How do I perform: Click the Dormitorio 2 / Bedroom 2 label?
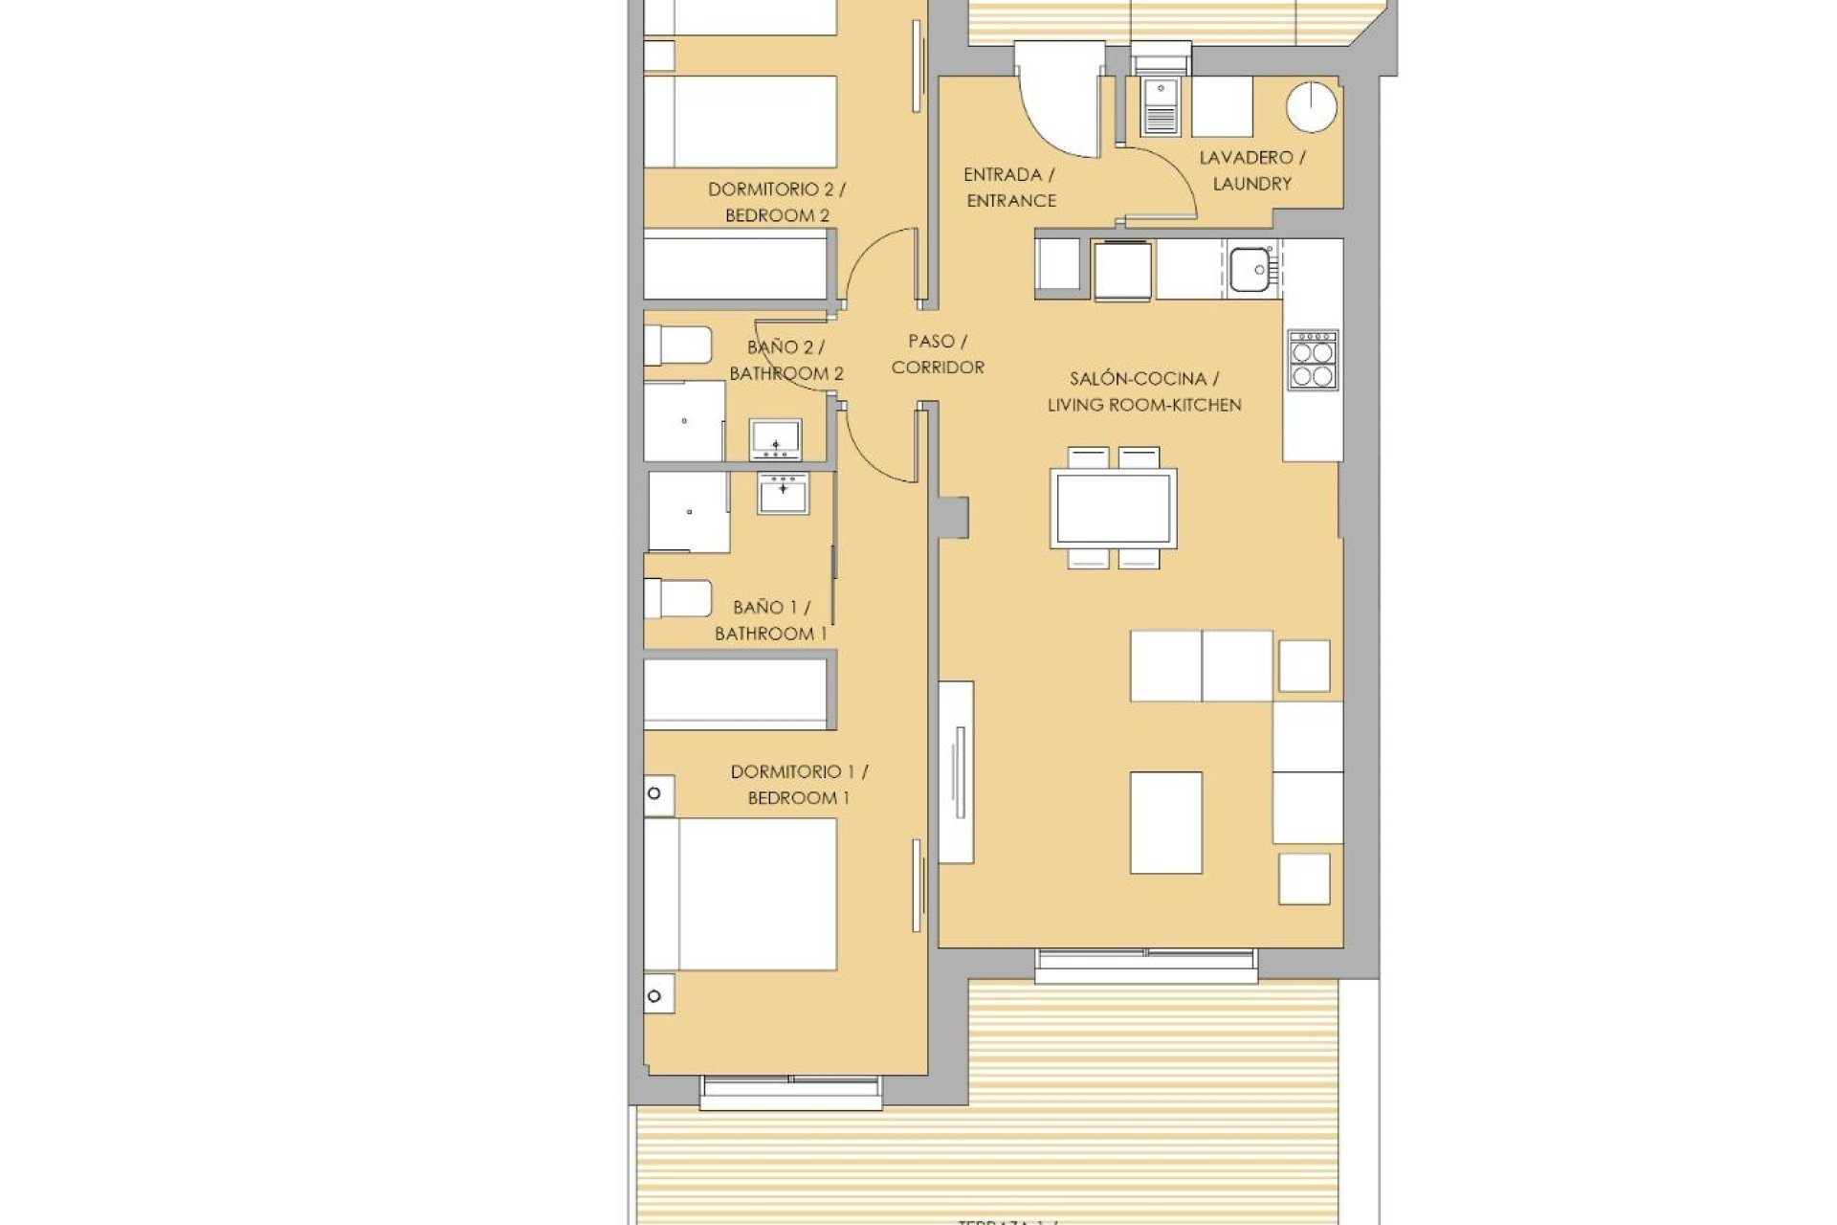coord(776,203)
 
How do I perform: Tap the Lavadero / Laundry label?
coord(1251,170)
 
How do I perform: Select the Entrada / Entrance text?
coord(1010,188)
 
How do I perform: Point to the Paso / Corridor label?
coord(937,354)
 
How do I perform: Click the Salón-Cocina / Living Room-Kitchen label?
coord(1143,392)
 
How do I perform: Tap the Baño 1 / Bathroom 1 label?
coord(770,620)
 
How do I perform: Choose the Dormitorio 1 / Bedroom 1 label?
coord(798,785)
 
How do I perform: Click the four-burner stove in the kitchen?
coord(1312,361)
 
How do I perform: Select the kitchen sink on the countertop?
coord(1249,269)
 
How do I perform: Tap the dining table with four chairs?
coord(1114,508)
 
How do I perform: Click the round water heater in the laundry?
coord(1310,108)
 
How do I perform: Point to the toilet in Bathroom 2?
coord(677,345)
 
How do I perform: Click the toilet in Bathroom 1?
coord(677,599)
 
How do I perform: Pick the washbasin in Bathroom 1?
coord(784,493)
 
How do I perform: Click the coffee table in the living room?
coord(1165,822)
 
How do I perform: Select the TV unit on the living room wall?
coord(956,772)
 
